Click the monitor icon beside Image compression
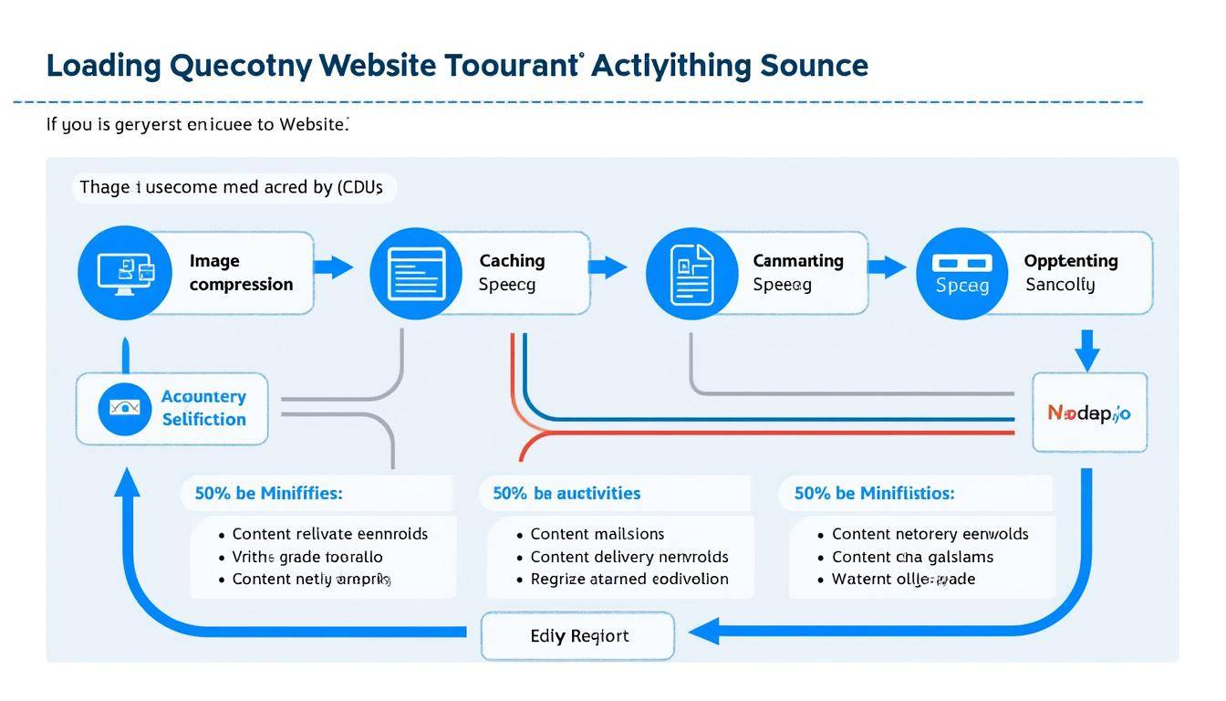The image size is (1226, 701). (125, 272)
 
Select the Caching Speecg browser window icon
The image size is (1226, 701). (416, 272)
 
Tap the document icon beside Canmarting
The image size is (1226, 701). (691, 272)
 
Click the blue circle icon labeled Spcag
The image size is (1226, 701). (961, 272)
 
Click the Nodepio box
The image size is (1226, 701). (1089, 413)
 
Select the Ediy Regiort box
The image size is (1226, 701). (578, 635)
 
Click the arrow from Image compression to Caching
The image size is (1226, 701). (333, 267)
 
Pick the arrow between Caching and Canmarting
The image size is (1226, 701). (608, 267)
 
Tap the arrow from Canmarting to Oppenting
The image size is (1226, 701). (886, 267)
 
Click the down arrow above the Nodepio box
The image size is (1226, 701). (1086, 351)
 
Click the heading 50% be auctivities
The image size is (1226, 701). (566, 493)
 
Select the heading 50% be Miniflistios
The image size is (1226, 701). (874, 493)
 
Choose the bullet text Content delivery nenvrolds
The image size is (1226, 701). (629, 557)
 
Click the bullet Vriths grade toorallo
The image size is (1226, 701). (307, 557)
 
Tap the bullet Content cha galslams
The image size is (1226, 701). (912, 557)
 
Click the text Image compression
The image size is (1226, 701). (241, 272)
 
